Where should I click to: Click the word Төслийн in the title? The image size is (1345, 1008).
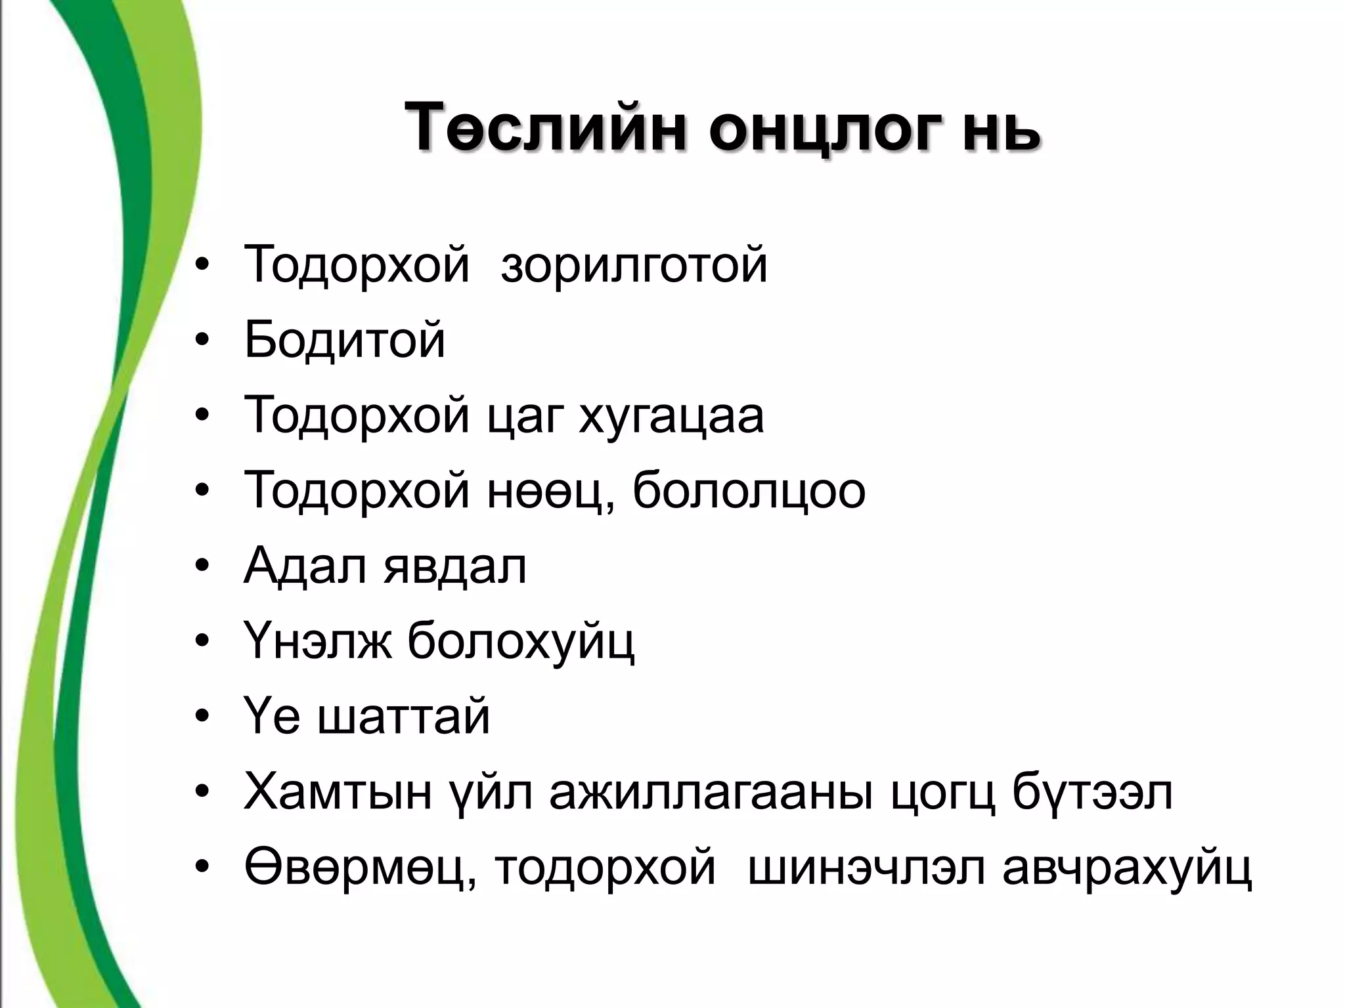(545, 127)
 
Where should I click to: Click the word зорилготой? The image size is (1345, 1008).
(634, 264)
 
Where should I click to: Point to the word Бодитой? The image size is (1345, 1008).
(345, 340)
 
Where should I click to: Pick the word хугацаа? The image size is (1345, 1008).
(671, 416)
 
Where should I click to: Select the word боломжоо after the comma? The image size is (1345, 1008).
(749, 491)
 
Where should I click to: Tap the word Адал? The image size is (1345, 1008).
(305, 566)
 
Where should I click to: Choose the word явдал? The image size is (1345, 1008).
(454, 566)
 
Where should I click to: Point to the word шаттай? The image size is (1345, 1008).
(404, 717)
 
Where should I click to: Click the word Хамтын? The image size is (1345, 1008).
(338, 793)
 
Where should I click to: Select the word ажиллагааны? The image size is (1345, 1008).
(712, 793)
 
